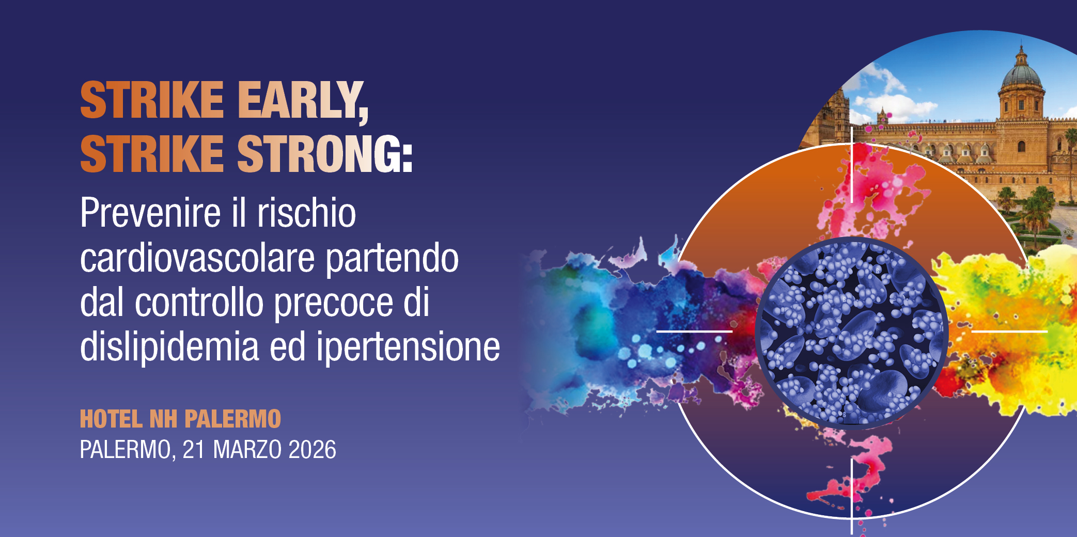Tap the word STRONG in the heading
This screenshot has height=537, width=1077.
pyautogui.click(x=320, y=154)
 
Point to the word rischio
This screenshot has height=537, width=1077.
pyautogui.click(x=307, y=213)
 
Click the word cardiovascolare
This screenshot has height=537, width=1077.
pyautogui.click(x=197, y=258)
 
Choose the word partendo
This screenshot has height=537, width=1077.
pyautogui.click(x=392, y=258)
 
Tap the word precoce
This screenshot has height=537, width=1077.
pyautogui.click(x=333, y=303)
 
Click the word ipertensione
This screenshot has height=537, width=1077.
pyautogui.click(x=408, y=347)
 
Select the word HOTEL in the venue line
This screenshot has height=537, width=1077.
pyautogui.click(x=111, y=419)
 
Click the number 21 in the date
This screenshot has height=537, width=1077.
pyautogui.click(x=194, y=450)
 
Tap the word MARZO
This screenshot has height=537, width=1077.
pyautogui.click(x=247, y=450)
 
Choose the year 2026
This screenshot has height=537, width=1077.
pyautogui.click(x=312, y=450)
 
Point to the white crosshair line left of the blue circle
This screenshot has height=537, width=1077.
pyautogui.click(x=694, y=331)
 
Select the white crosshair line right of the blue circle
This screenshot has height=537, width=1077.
pyautogui.click(x=1009, y=331)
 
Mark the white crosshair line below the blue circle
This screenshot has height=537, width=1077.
pyautogui.click(x=852, y=496)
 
